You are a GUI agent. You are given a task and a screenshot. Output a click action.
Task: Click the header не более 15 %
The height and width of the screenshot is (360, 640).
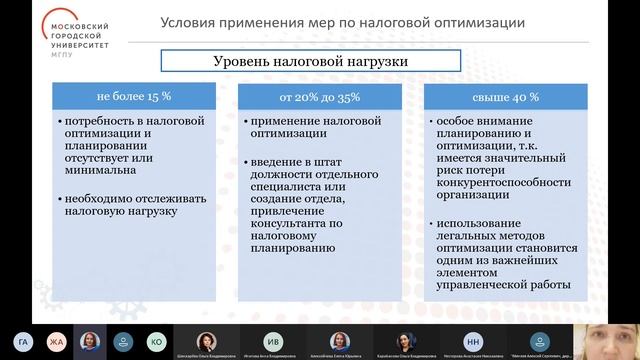[135, 98]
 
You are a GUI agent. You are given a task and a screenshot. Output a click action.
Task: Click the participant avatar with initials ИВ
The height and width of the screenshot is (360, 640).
[272, 339]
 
